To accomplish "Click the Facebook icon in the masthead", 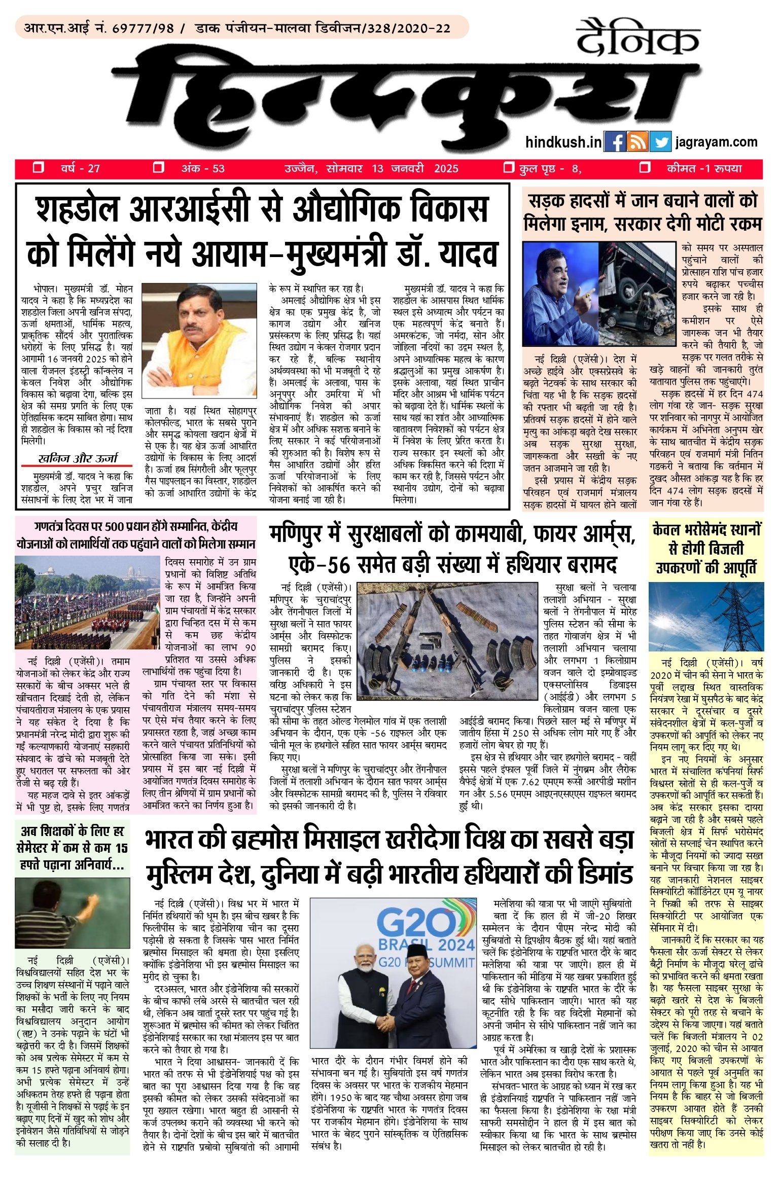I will (x=615, y=142).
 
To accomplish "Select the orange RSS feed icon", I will (x=638, y=142).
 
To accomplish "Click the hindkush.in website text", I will (x=563, y=142).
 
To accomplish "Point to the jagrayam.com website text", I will (x=716, y=142).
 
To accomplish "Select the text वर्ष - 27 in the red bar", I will (x=80, y=169).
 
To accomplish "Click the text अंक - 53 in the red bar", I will (x=203, y=169).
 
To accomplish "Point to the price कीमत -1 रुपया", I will (x=704, y=169).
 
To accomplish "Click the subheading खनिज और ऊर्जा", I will (x=78, y=458).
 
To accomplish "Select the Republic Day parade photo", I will (x=87, y=602).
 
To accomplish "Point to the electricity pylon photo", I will (x=706, y=616).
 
